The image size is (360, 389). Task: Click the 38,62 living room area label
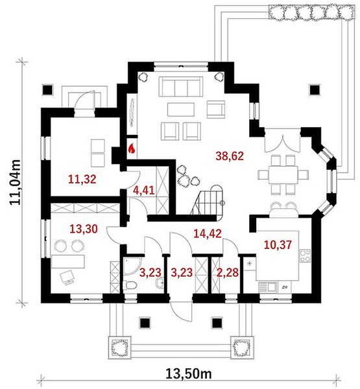(x=230, y=156)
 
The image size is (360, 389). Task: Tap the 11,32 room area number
(x=82, y=179)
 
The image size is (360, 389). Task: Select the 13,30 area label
(x=84, y=229)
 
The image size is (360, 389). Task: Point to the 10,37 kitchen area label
(x=278, y=245)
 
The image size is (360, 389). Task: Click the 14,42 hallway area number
(x=208, y=233)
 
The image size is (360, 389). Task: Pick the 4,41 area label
(x=144, y=190)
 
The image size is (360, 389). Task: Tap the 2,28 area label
(x=228, y=272)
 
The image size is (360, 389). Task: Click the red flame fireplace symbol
(x=132, y=149)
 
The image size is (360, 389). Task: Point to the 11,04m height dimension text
(x=15, y=182)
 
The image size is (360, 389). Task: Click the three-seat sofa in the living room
(x=181, y=86)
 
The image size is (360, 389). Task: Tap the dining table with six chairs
(x=283, y=174)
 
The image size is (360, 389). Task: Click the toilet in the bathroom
(x=130, y=285)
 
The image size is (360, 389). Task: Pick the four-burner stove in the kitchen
(x=305, y=256)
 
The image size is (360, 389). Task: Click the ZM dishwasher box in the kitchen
(x=285, y=287)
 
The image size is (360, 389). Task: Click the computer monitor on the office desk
(x=67, y=277)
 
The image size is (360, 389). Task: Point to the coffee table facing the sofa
(x=181, y=110)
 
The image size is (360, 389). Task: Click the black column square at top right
(x=315, y=89)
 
